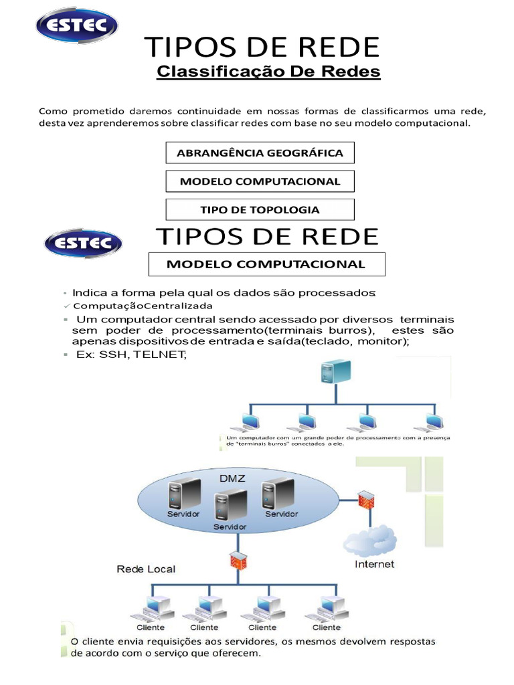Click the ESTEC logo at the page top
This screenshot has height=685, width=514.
tap(76, 27)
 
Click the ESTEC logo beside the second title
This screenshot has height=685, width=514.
tap(82, 243)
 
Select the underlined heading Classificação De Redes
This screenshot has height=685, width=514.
tap(268, 72)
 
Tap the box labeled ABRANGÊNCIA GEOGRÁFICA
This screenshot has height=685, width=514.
tap(260, 153)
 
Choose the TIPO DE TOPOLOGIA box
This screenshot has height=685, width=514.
tap(260, 209)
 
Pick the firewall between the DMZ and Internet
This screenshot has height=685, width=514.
tap(365, 500)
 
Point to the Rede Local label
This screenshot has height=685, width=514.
tap(146, 569)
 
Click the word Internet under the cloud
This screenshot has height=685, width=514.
tap(374, 564)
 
